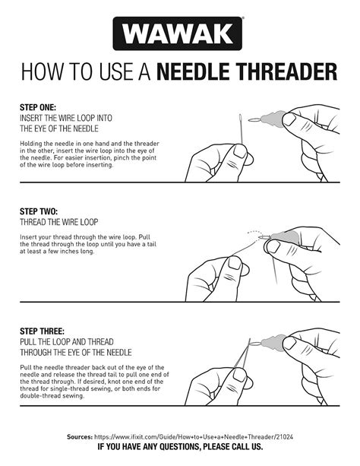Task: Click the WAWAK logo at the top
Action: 179,33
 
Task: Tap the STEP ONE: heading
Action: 37,109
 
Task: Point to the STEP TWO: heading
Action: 38,211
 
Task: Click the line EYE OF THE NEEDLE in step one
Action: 55,128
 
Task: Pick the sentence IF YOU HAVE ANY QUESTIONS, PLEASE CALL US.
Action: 180,449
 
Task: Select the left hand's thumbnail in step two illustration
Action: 233,265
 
